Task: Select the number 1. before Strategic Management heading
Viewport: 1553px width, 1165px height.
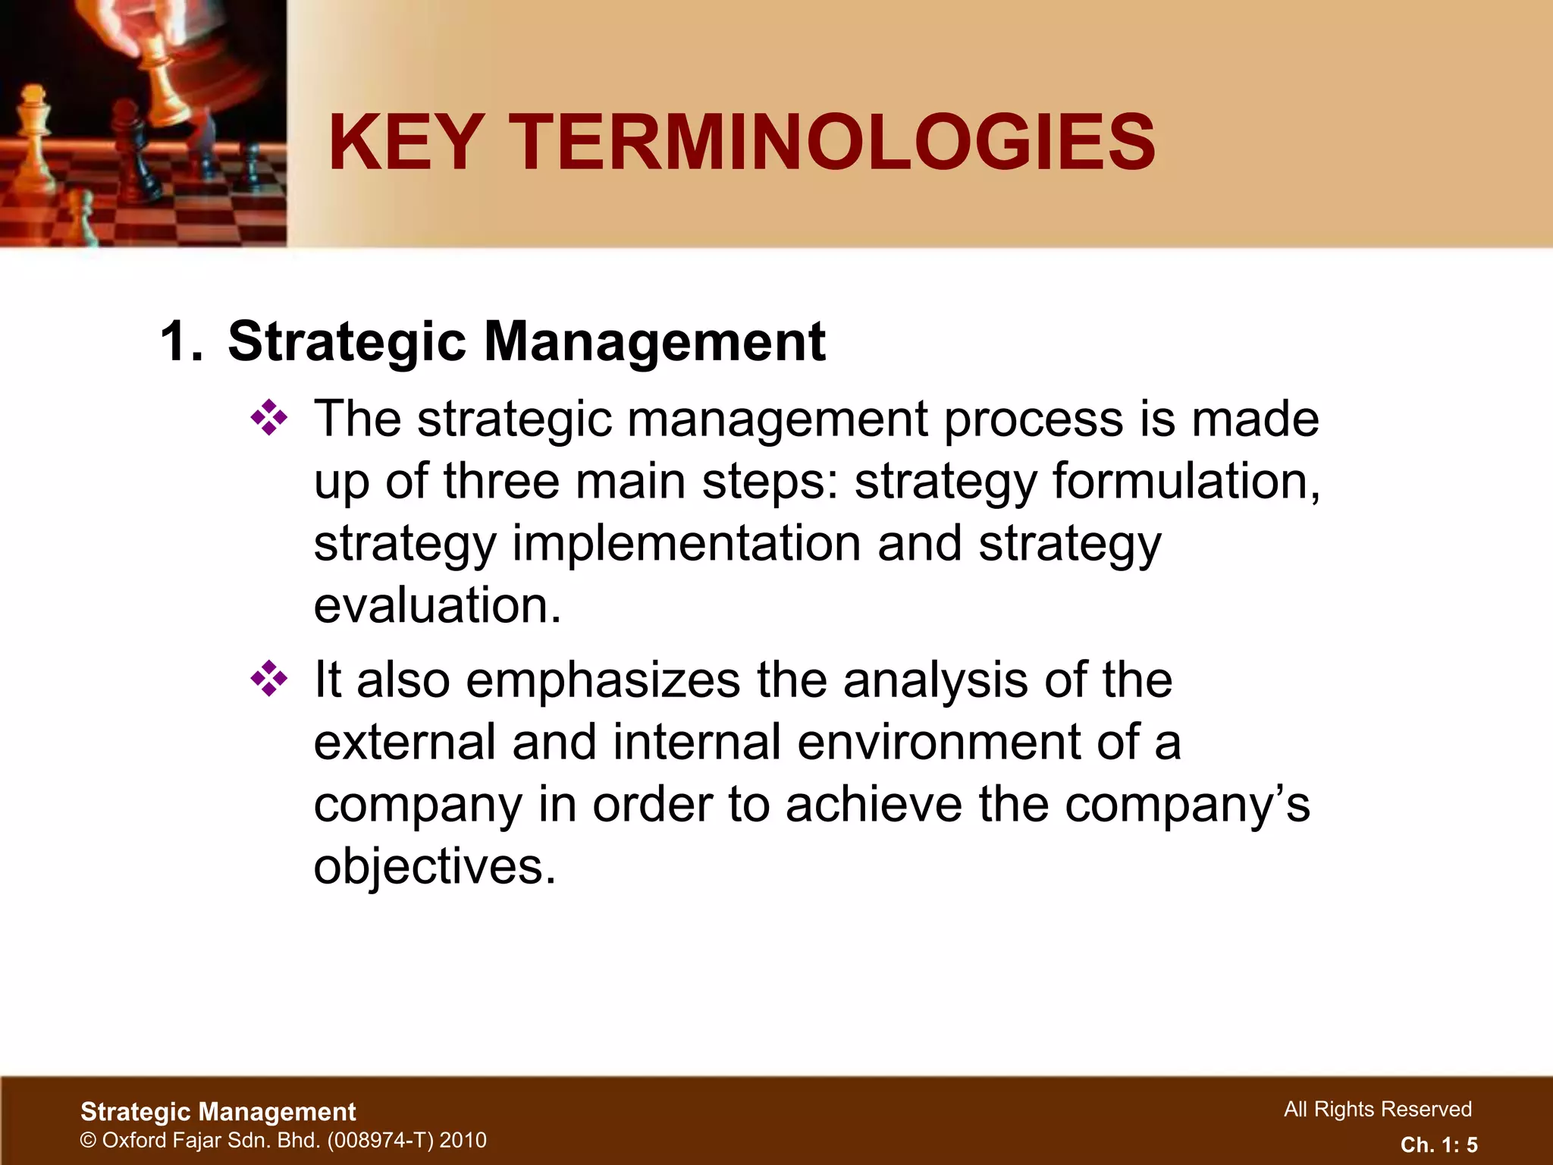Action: click(182, 342)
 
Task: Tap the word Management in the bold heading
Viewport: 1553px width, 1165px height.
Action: click(654, 342)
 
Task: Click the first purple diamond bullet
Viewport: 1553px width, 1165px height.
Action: click(269, 418)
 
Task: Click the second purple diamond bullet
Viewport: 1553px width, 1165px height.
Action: click(269, 679)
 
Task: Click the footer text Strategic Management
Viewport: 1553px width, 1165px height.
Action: click(218, 1112)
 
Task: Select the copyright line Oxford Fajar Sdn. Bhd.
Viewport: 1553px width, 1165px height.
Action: click(283, 1140)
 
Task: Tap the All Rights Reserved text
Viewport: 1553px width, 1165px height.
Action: click(1377, 1110)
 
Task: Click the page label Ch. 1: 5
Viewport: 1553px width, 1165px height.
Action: click(1438, 1145)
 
